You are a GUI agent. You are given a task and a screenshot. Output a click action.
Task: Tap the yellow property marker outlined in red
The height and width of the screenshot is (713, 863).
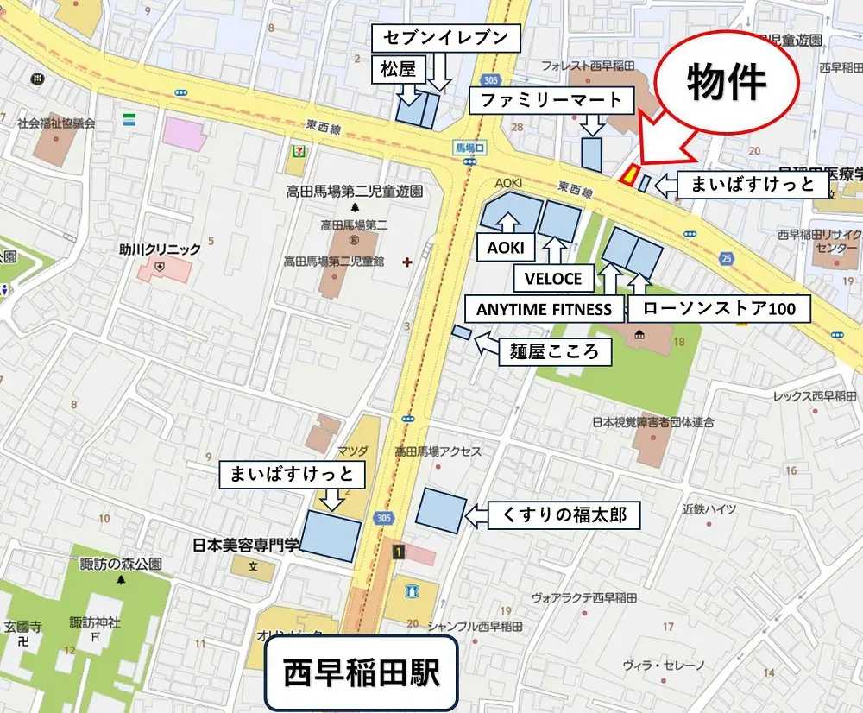click(x=630, y=175)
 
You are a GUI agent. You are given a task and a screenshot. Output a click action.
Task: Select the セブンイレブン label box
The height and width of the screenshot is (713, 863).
click(x=446, y=38)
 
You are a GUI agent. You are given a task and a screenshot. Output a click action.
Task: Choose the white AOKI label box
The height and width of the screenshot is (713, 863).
click(x=505, y=249)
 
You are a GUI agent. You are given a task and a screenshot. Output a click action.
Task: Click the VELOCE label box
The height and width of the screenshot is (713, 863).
click(x=554, y=279)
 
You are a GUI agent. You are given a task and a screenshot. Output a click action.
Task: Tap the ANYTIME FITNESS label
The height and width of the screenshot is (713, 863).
click(x=544, y=309)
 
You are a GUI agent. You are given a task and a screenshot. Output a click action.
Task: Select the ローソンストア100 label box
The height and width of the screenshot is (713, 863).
click(x=718, y=309)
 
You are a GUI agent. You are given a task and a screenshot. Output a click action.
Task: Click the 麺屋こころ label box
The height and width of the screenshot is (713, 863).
click(x=555, y=351)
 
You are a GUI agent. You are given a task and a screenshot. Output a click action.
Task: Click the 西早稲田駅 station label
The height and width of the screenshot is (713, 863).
click(x=361, y=673)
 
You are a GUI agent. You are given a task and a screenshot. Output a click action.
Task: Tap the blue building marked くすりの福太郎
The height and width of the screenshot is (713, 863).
click(x=441, y=509)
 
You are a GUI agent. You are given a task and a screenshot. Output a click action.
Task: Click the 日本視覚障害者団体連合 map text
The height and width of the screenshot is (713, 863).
click(x=652, y=422)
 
